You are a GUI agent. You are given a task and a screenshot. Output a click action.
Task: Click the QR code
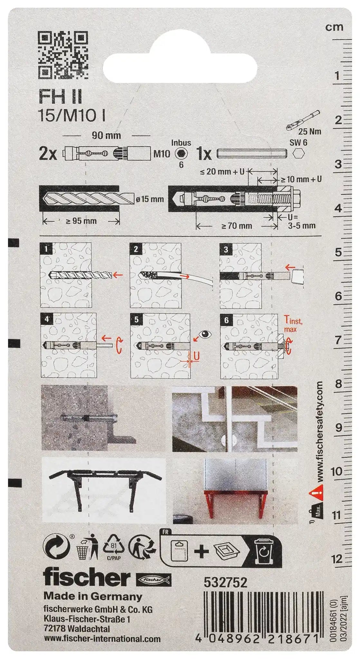pos(63,55)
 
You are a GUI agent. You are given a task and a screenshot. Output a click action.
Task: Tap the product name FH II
pos(60,96)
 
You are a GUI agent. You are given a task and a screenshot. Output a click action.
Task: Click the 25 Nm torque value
pos(309,131)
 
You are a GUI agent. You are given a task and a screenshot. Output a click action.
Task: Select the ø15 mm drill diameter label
pos(149,199)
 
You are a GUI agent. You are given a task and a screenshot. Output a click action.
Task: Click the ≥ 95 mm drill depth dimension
pos(81,221)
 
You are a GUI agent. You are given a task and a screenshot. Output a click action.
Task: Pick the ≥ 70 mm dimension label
pos(237,226)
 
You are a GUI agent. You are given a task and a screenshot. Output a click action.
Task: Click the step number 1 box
pos(47,249)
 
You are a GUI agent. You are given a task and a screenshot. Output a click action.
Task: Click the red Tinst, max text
pos(292,323)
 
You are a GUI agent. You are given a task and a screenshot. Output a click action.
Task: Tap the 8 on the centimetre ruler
pos(337,384)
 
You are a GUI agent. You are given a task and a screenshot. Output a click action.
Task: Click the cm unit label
pos(334,27)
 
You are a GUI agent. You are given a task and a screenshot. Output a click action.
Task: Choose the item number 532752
pos(225,582)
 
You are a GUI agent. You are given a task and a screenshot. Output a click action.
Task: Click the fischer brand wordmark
pos(87,578)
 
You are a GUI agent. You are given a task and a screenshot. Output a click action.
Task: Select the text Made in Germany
pos(93,596)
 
